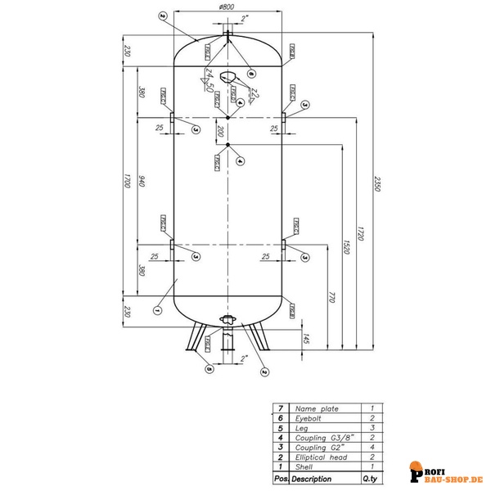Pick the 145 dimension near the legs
tap(304, 337)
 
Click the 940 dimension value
tap(141, 182)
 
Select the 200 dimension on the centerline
tap(220, 131)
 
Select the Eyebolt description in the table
tap(311, 417)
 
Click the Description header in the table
tap(313, 478)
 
